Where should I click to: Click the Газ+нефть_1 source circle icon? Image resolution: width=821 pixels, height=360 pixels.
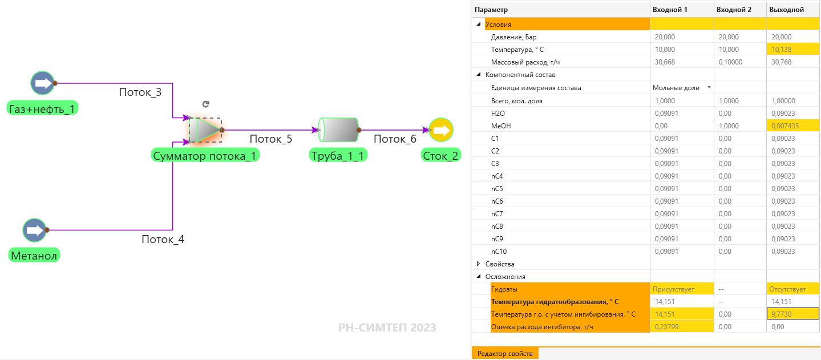tap(43, 83)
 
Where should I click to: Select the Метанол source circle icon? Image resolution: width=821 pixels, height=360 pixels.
tap(35, 230)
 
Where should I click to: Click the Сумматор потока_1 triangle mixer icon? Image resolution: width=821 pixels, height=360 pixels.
tap(205, 130)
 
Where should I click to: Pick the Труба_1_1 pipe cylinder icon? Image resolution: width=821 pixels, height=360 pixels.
tap(338, 130)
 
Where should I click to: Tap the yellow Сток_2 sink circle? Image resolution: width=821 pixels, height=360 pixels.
tap(441, 130)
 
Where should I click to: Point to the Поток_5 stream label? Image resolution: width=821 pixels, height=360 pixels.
tap(271, 139)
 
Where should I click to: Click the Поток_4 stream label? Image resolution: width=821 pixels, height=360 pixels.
tap(163, 240)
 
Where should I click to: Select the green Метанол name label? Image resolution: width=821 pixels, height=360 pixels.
tap(34, 256)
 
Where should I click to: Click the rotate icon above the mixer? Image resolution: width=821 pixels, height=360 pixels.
tap(205, 104)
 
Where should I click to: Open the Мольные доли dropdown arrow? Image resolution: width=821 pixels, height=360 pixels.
tap(709, 88)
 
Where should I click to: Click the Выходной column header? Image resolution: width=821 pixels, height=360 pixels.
tap(787, 10)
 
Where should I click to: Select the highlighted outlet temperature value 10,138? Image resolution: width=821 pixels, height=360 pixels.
tap(782, 50)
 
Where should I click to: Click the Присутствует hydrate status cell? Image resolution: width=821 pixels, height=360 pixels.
tap(673, 289)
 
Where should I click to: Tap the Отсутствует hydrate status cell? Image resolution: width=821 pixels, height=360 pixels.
tap(787, 289)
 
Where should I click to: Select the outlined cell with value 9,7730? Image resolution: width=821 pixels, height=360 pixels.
tap(793, 314)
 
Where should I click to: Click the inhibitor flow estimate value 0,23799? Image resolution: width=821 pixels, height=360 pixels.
tap(666, 327)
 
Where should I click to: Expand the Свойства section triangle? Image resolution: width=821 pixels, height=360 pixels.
tap(478, 264)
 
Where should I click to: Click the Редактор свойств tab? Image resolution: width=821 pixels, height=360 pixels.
tap(505, 353)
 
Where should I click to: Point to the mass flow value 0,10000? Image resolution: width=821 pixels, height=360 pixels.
tap(730, 62)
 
